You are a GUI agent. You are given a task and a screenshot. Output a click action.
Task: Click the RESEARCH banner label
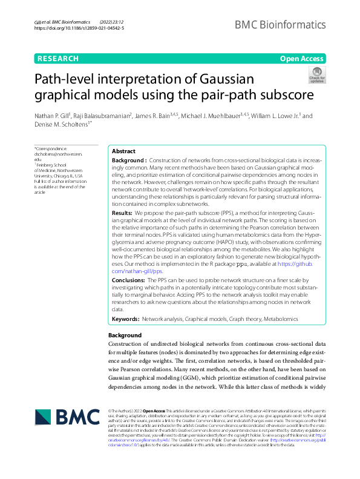pos(57,59)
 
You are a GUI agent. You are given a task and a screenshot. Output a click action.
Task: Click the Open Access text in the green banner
pos(301,59)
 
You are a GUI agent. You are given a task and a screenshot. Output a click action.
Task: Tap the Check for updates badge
pos(317,75)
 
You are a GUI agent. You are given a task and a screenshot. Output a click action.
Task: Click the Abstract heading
pos(124,151)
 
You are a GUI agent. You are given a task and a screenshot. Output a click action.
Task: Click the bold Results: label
pos(123,214)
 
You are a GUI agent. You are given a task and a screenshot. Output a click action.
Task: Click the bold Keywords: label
pos(125,319)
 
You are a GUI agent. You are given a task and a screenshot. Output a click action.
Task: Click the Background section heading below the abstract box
pos(125,335)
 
